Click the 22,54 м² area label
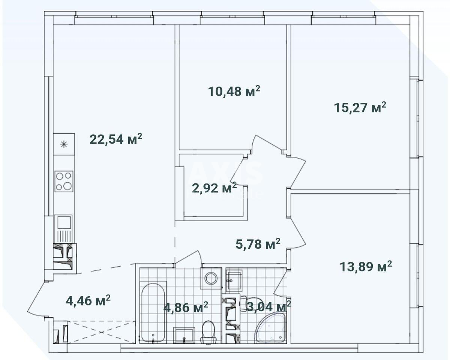(x=115, y=139)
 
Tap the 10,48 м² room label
(x=234, y=91)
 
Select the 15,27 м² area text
(x=360, y=108)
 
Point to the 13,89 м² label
(x=366, y=267)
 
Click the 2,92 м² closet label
(x=214, y=187)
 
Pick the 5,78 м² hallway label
(x=258, y=244)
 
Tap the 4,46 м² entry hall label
(x=88, y=300)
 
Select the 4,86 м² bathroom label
(x=186, y=308)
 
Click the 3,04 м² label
(x=268, y=306)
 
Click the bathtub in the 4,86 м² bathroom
(x=153, y=312)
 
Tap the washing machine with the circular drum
(x=211, y=278)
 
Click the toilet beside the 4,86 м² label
(x=208, y=332)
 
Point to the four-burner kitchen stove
(x=64, y=181)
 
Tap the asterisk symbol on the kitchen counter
(x=64, y=144)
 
